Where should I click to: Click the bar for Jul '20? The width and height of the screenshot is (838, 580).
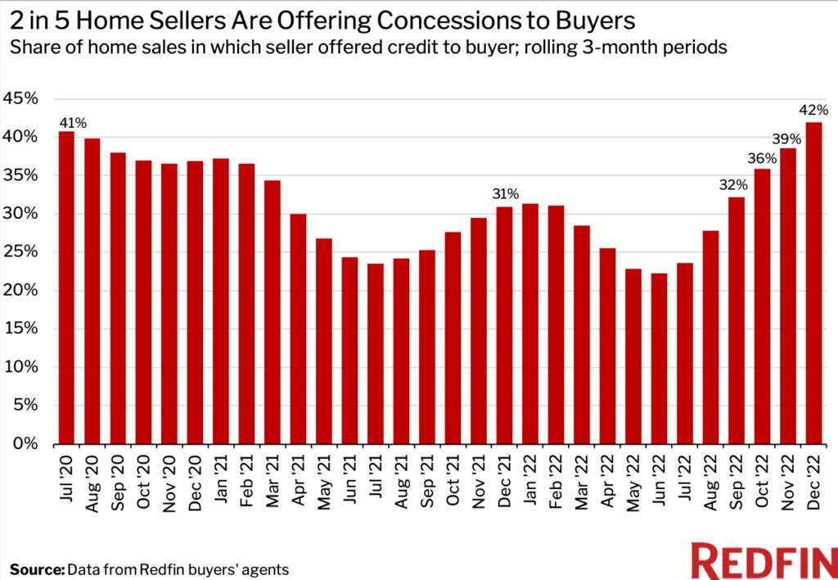tap(66, 287)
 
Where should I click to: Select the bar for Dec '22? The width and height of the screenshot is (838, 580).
tap(814, 283)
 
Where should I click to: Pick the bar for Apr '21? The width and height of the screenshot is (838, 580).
tap(298, 329)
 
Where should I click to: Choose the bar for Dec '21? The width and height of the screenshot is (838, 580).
tap(505, 324)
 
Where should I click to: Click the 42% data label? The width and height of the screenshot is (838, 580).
tap(814, 108)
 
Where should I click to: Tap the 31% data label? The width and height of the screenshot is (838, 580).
tap(505, 194)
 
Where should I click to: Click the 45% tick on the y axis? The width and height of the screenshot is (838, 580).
tap(21, 98)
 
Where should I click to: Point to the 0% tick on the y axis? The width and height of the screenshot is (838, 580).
tap(25, 444)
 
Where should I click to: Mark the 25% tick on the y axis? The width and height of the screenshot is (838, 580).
tap(21, 252)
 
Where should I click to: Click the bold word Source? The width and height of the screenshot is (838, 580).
tap(36, 569)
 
